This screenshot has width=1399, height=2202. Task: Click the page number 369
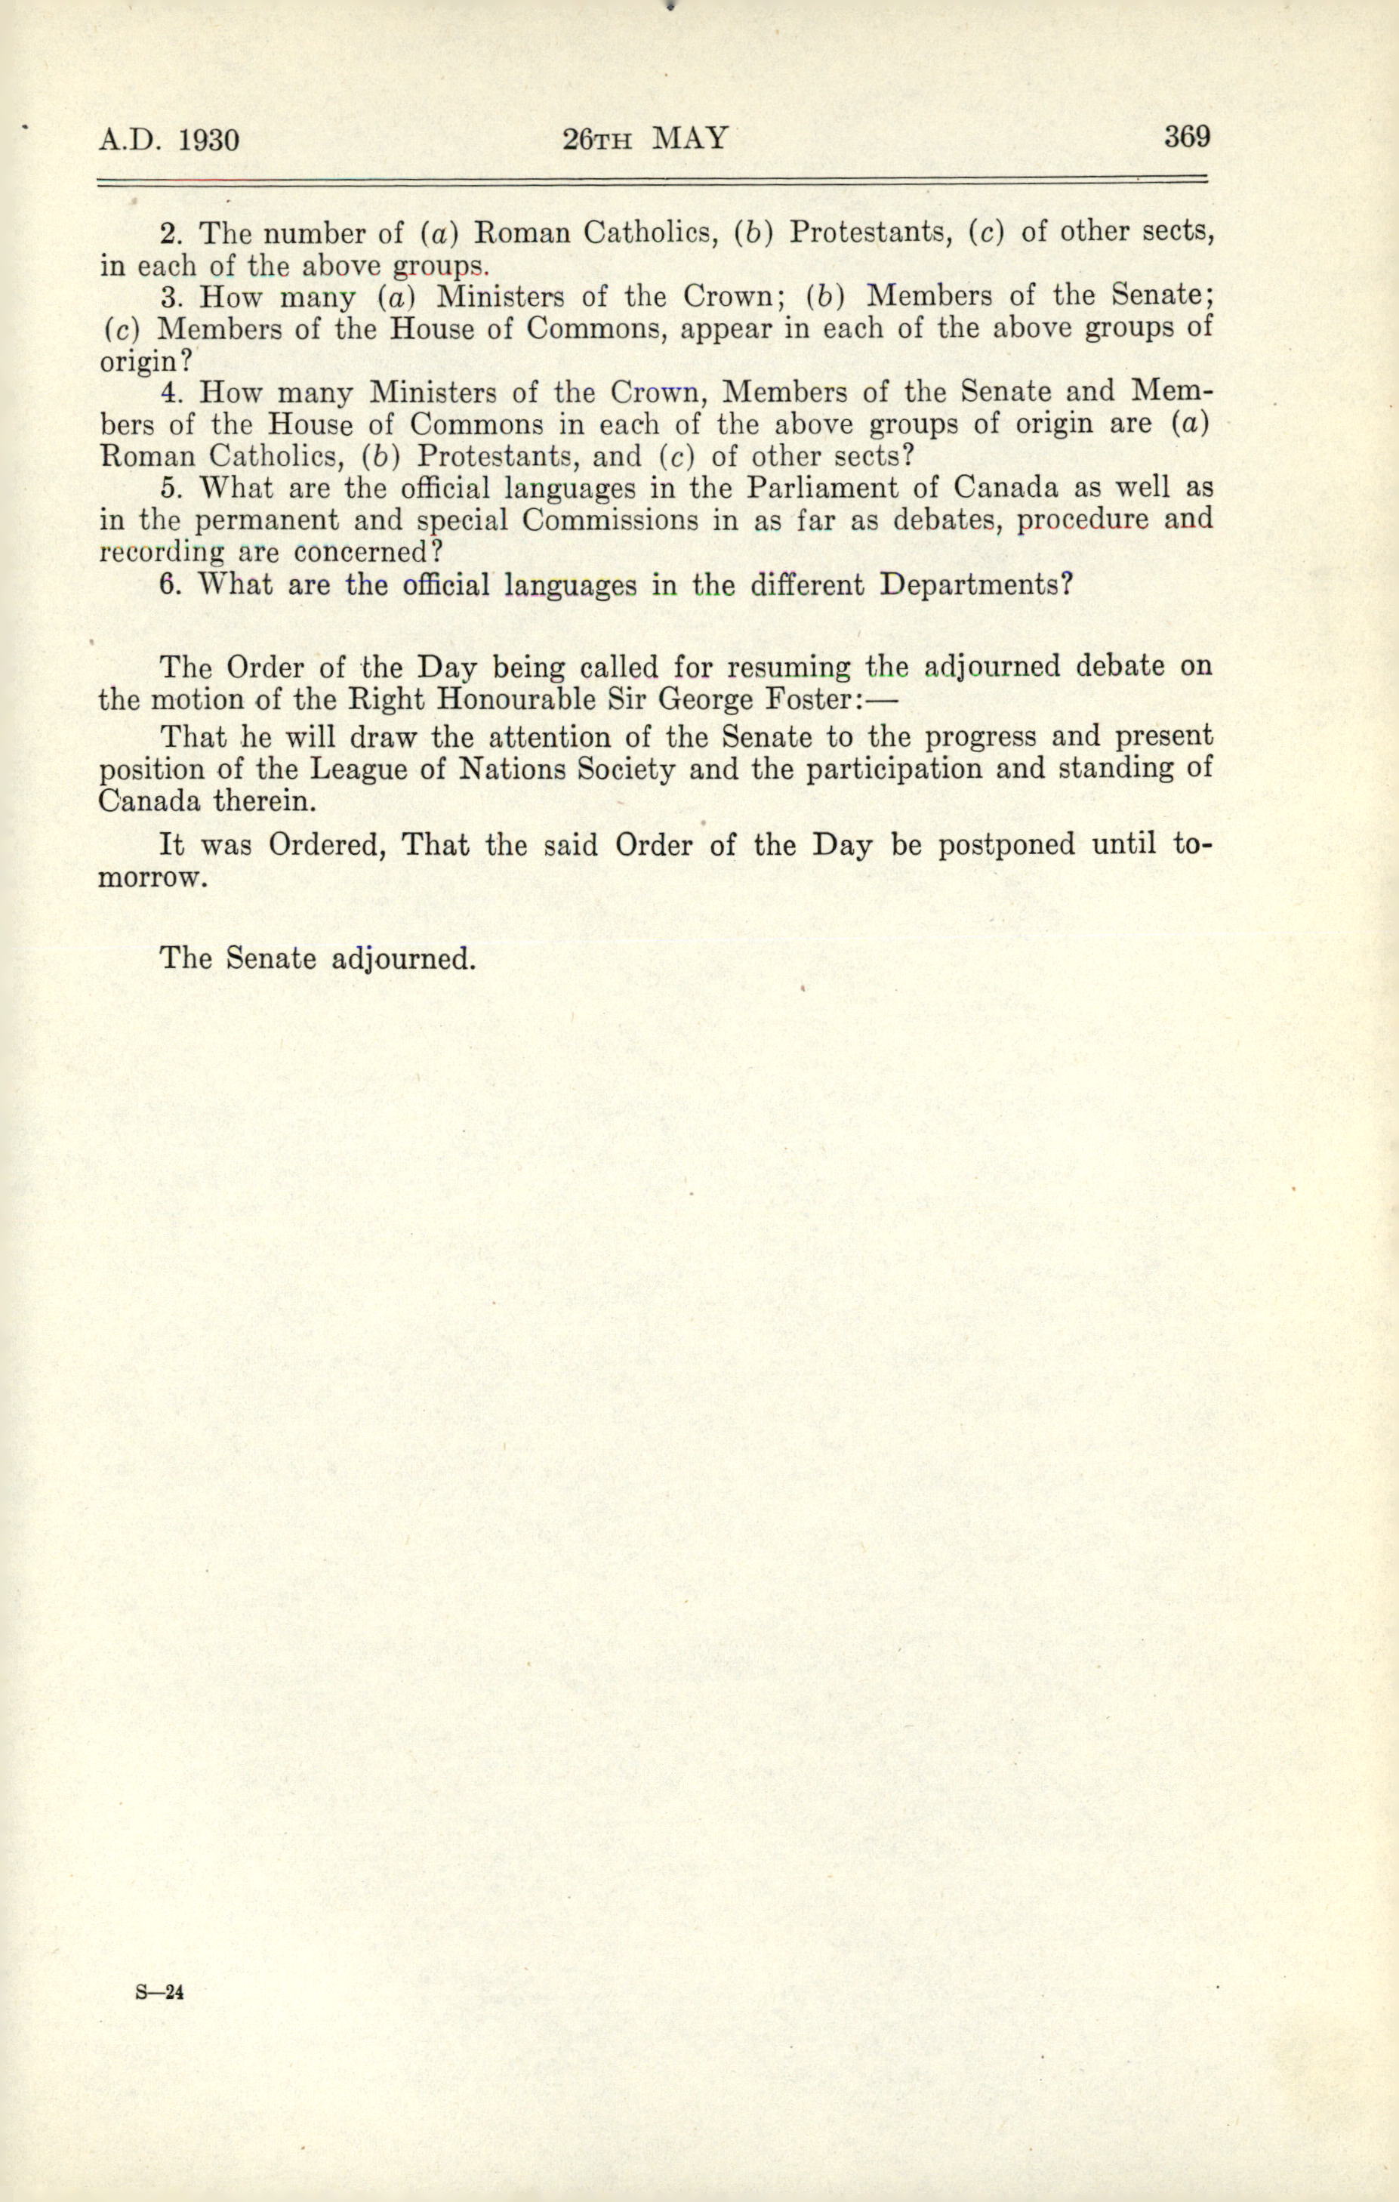(x=1186, y=137)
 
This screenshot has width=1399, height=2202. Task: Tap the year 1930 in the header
(x=208, y=140)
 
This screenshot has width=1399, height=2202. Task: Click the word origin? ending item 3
(x=146, y=360)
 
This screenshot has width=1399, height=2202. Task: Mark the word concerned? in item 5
(x=368, y=552)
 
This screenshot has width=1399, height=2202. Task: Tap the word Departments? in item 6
(x=975, y=584)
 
